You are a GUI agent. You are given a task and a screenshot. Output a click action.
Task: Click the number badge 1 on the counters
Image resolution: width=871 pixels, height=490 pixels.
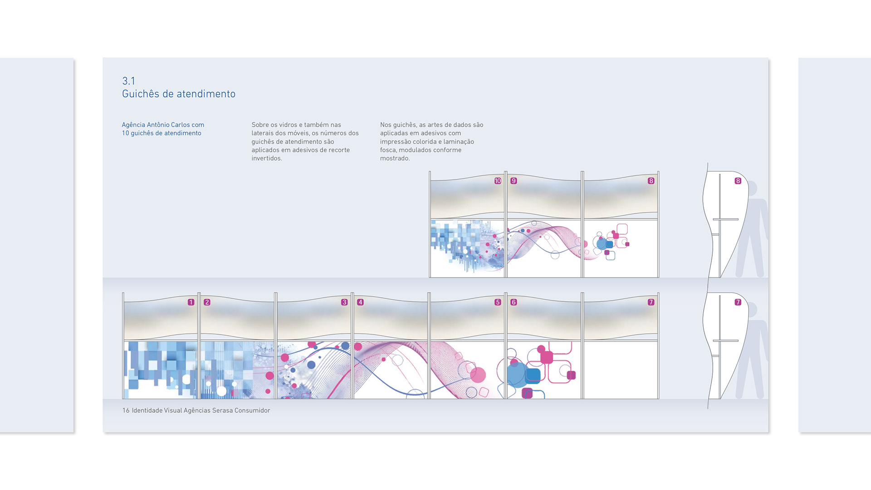[191, 302]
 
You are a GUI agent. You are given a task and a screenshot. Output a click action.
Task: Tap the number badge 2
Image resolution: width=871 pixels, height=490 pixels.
[207, 302]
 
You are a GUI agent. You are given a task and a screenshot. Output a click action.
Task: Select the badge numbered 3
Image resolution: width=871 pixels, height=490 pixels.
[344, 302]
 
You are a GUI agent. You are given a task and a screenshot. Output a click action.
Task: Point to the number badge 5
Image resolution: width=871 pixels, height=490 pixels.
[498, 302]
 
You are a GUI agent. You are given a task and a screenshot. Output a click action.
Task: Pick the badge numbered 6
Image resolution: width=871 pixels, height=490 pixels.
[514, 302]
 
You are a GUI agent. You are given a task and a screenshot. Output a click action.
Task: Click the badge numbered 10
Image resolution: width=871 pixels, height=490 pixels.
[498, 181]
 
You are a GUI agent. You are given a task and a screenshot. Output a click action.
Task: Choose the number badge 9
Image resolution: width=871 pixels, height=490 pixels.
[514, 181]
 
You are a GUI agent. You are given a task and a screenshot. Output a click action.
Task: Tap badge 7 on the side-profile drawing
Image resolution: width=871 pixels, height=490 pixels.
[738, 302]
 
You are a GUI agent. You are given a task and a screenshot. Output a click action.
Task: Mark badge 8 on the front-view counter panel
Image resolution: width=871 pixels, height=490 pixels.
[651, 181]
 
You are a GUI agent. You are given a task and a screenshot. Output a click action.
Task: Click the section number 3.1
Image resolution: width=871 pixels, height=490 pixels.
[128, 81]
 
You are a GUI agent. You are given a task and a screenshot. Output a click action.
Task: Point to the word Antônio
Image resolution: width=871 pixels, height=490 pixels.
[158, 125]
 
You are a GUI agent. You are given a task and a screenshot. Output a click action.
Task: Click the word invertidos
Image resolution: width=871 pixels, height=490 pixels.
[267, 158]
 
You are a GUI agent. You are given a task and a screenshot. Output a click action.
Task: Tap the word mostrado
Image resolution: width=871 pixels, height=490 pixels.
[395, 158]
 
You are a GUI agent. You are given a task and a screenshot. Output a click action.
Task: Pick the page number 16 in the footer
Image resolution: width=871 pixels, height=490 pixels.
[126, 411]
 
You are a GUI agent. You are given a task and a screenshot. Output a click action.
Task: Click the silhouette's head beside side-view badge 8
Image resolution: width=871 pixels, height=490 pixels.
[752, 189]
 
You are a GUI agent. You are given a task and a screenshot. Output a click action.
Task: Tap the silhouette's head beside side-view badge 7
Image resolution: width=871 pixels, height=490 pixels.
[752, 310]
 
